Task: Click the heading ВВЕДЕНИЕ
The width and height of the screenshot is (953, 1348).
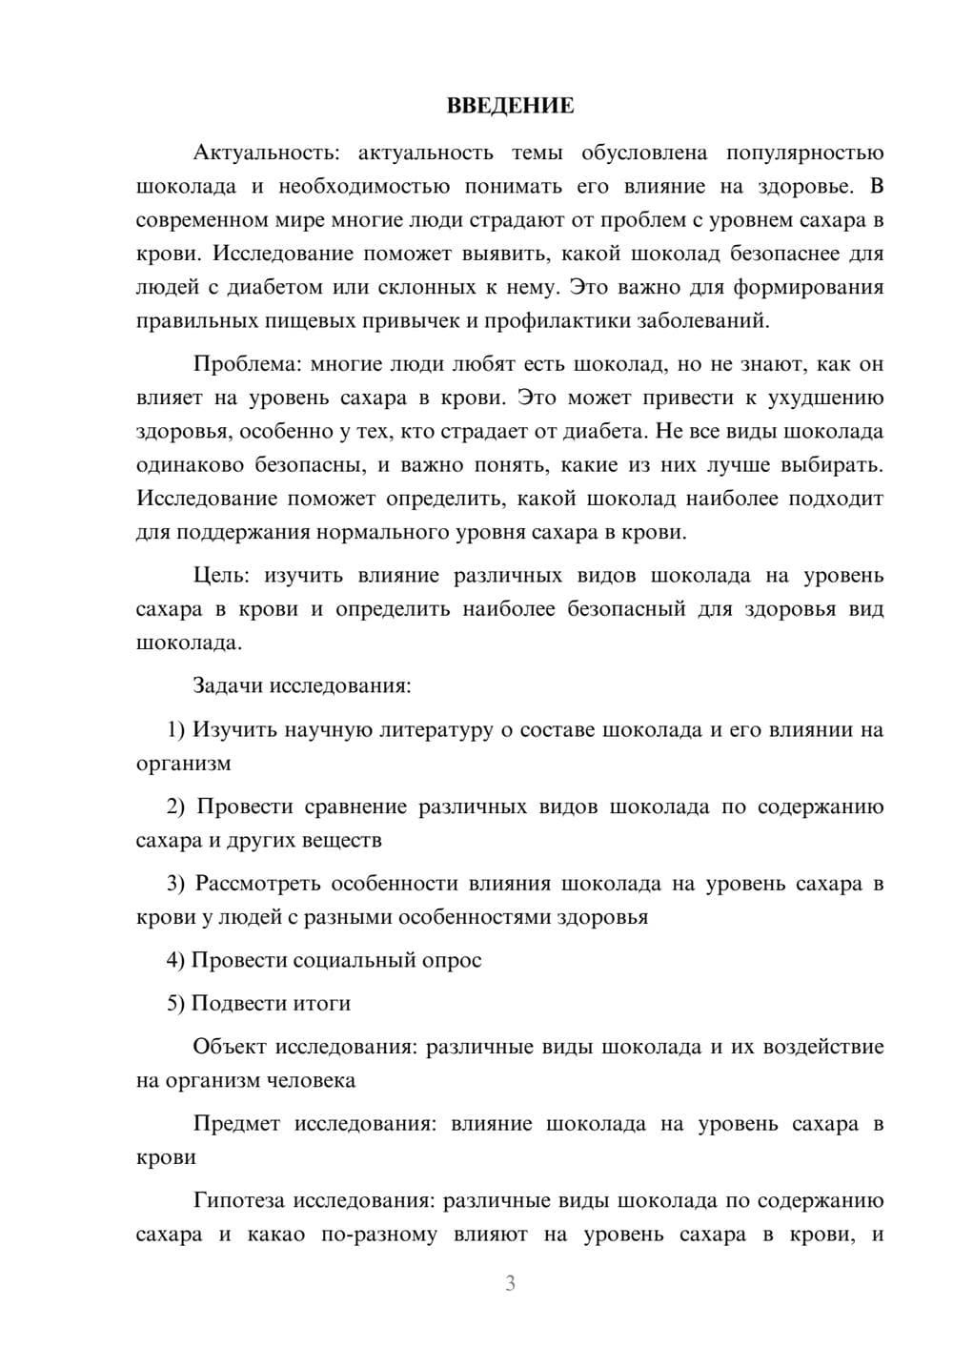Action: (x=510, y=106)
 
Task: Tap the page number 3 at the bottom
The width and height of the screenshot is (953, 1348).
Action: (x=510, y=1283)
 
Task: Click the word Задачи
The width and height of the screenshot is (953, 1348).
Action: (x=229, y=685)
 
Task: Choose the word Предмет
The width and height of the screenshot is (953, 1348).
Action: (x=236, y=1124)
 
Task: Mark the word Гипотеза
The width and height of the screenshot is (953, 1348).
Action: (x=238, y=1201)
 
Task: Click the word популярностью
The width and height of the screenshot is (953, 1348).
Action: (x=804, y=153)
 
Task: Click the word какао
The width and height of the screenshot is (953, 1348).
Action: (x=276, y=1236)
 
